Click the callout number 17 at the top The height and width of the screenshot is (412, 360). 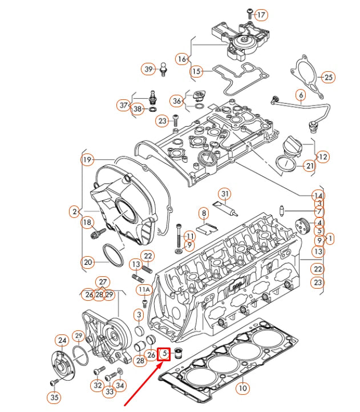pos(261,14)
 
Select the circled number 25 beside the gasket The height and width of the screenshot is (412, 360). pos(328,76)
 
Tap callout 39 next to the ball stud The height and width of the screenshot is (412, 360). pos(148,69)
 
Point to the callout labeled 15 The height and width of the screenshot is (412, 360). pos(196,71)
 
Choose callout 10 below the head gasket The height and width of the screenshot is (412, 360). pos(243,389)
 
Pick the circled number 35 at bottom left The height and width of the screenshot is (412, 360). pos(54,397)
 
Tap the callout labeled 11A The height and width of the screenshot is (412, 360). pos(144,289)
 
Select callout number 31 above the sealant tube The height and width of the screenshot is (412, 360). pos(225,194)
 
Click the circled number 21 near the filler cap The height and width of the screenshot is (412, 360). pos(309,166)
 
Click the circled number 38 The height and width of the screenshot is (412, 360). pos(137,109)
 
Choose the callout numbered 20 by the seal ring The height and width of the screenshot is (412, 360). pos(87,262)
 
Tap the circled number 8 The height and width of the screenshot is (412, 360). pos(203,214)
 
